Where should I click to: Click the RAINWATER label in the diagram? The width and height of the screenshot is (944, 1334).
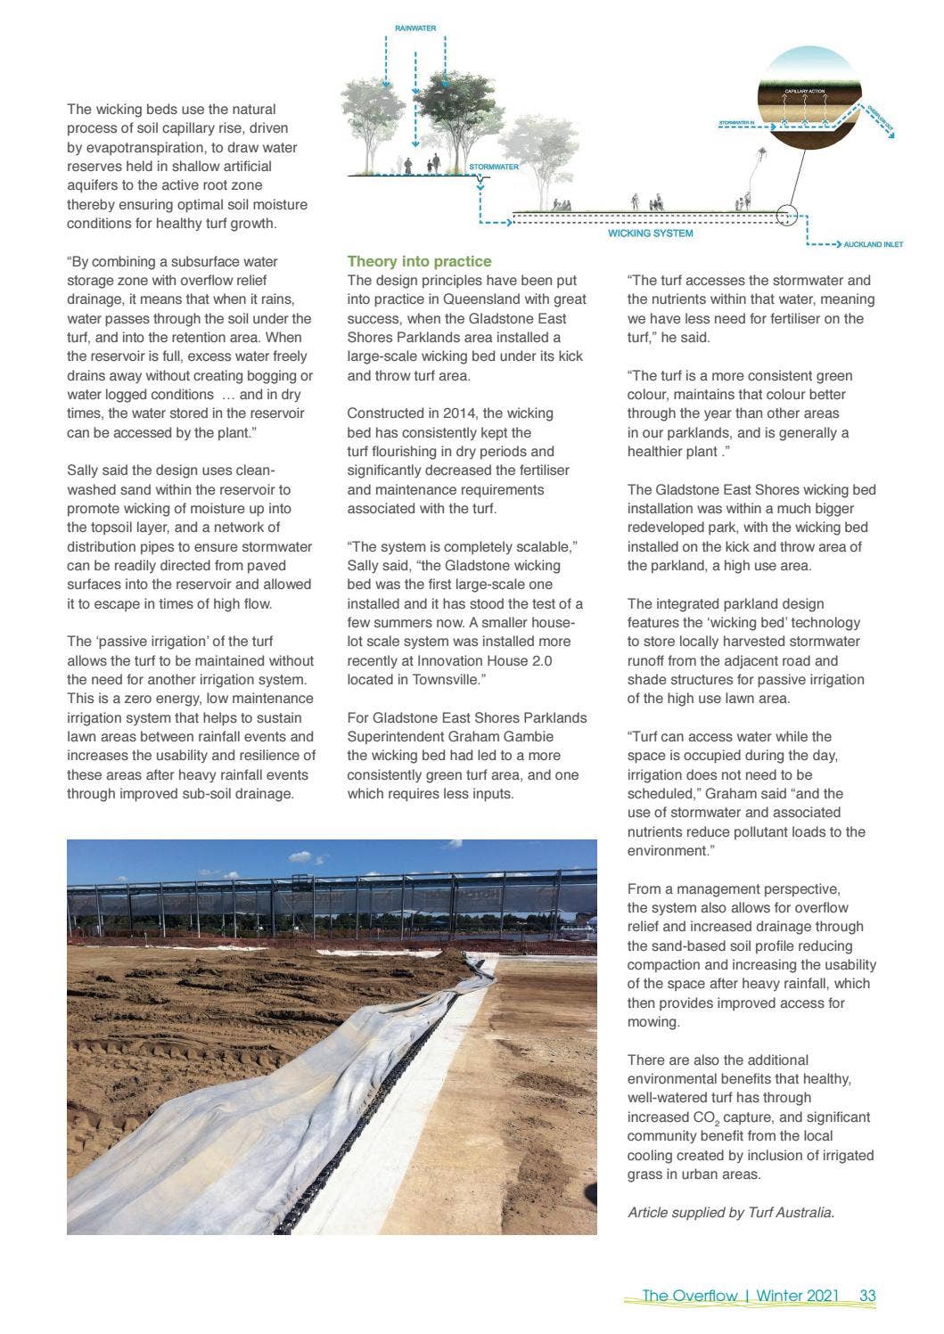pyautogui.click(x=415, y=29)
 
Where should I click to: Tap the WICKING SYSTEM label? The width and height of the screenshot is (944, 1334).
pyautogui.click(x=650, y=233)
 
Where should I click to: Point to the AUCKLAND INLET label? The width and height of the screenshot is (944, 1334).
pyautogui.click(x=873, y=244)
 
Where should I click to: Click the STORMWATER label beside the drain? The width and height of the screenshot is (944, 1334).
pyautogui.click(x=494, y=167)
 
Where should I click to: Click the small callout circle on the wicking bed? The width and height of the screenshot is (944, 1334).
pyautogui.click(x=786, y=214)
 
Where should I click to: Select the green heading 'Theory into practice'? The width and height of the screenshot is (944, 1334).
pyautogui.click(x=419, y=261)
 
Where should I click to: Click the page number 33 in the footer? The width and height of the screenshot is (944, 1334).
pyautogui.click(x=867, y=1296)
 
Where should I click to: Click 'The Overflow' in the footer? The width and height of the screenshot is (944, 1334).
pyautogui.click(x=689, y=1296)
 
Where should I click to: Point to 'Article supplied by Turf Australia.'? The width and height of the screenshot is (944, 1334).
pyautogui.click(x=731, y=1212)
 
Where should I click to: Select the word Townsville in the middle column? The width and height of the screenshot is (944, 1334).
pyautogui.click(x=447, y=680)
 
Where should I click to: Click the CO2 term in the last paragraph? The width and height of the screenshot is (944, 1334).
pyautogui.click(x=704, y=1117)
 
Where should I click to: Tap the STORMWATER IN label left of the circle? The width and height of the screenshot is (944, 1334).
pyautogui.click(x=736, y=122)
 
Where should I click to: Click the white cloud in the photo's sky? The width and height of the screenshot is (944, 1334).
pyautogui.click(x=307, y=857)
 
